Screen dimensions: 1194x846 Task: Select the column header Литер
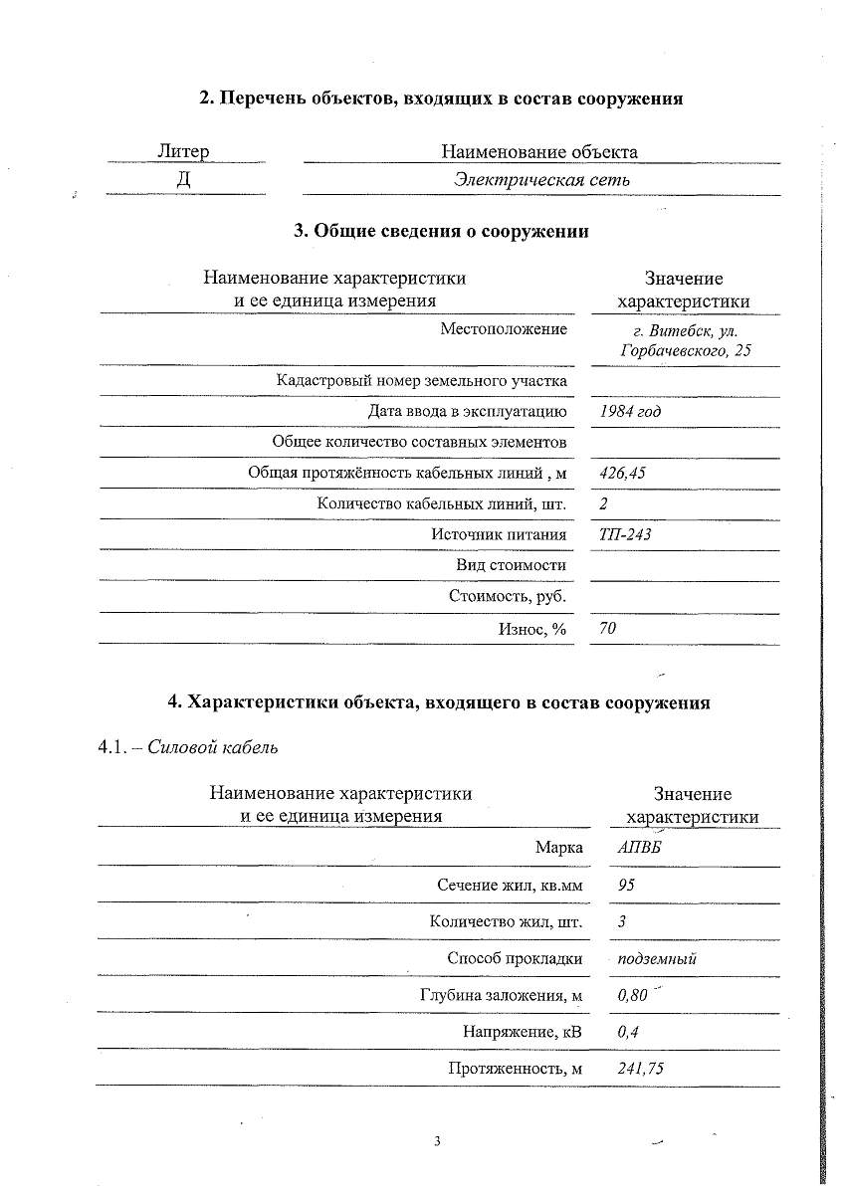point(183,151)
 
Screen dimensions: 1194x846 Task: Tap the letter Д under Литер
point(183,180)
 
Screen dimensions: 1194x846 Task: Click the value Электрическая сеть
point(541,180)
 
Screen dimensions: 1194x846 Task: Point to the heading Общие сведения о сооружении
point(441,231)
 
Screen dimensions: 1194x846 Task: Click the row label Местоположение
point(504,329)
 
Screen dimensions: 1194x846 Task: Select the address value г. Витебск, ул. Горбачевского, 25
point(685,340)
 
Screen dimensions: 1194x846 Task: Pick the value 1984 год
point(630,411)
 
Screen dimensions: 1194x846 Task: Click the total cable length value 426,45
point(622,473)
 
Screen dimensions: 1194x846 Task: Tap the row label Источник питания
point(499,534)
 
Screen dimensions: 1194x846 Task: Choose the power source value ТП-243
point(625,534)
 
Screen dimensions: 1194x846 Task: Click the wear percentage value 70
point(608,628)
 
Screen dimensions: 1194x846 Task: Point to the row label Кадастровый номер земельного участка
point(422,380)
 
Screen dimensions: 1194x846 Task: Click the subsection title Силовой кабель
point(212,748)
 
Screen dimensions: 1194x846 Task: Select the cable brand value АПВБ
point(638,847)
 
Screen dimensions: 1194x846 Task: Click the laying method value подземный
point(657,959)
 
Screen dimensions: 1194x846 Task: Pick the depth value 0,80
point(632,994)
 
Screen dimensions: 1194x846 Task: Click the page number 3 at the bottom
point(437,1140)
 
